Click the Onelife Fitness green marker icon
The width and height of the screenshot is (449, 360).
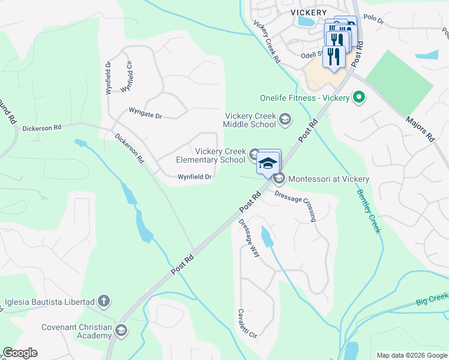[x=360, y=97]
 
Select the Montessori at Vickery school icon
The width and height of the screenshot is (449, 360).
[x=279, y=179]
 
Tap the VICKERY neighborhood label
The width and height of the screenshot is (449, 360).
[x=308, y=12]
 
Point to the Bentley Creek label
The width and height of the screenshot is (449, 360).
[x=369, y=211]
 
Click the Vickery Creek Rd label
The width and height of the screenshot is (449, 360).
[x=267, y=43]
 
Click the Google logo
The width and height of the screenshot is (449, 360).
[x=20, y=353]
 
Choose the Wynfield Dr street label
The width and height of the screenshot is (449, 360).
[x=194, y=177]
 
